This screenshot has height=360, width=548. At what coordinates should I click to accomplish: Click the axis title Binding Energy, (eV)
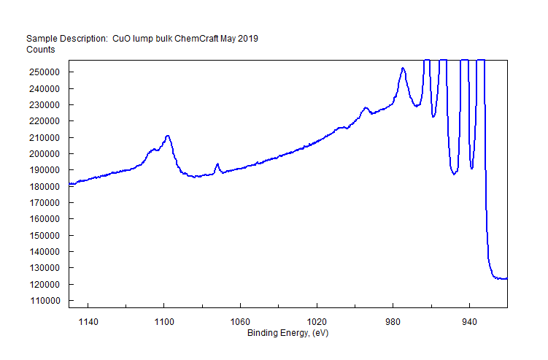tap(287, 333)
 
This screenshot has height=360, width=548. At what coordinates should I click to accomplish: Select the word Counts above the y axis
tap(41, 50)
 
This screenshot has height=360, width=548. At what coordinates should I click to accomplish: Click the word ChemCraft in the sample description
tap(198, 39)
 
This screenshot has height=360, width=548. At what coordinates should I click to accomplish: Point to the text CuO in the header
tap(121, 39)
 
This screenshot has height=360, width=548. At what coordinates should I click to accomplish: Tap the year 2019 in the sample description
tap(248, 39)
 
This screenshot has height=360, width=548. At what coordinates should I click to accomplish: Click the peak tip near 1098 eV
tap(168, 136)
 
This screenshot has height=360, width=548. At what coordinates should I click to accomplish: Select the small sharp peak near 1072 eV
tap(217, 164)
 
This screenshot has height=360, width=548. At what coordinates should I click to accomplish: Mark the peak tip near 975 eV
tap(403, 68)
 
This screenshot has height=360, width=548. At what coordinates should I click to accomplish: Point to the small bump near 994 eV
tap(366, 108)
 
